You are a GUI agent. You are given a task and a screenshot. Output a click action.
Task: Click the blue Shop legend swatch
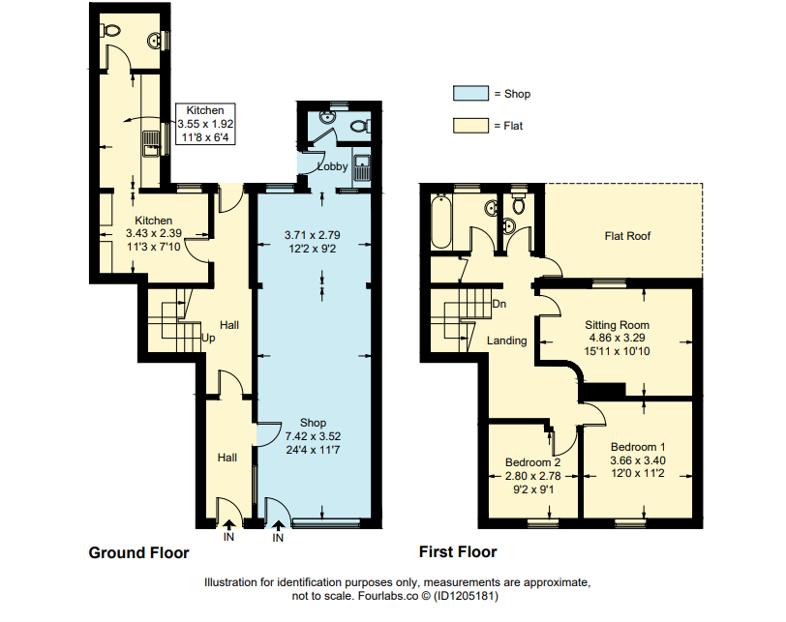point(470,94)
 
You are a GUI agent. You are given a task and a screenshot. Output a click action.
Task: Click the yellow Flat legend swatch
point(470,126)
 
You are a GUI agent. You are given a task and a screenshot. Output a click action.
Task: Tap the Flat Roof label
point(626,235)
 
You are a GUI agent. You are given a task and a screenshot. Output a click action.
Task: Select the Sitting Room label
point(617,325)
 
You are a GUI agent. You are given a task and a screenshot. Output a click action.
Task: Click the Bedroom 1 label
point(637,447)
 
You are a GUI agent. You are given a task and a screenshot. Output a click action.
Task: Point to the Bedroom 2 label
point(532,462)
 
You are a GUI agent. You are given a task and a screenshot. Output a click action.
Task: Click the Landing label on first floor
point(506,341)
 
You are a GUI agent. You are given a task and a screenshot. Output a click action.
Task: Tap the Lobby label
point(333,166)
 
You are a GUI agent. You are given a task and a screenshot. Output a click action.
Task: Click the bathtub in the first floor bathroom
point(441,222)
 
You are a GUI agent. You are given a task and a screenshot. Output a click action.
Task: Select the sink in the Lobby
point(363,167)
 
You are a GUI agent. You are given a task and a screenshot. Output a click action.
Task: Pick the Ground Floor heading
point(138,553)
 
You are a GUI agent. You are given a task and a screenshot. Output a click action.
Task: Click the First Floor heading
point(457,552)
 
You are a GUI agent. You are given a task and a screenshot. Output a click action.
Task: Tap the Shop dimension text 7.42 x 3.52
point(313,435)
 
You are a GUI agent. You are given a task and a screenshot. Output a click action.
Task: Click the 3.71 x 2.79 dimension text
point(313,235)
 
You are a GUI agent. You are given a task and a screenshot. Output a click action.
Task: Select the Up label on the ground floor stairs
point(207,338)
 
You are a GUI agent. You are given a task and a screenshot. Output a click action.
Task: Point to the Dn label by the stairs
point(501,304)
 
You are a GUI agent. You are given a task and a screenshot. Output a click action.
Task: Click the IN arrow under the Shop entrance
point(278,527)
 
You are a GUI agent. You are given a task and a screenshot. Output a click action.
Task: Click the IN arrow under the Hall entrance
point(228,527)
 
